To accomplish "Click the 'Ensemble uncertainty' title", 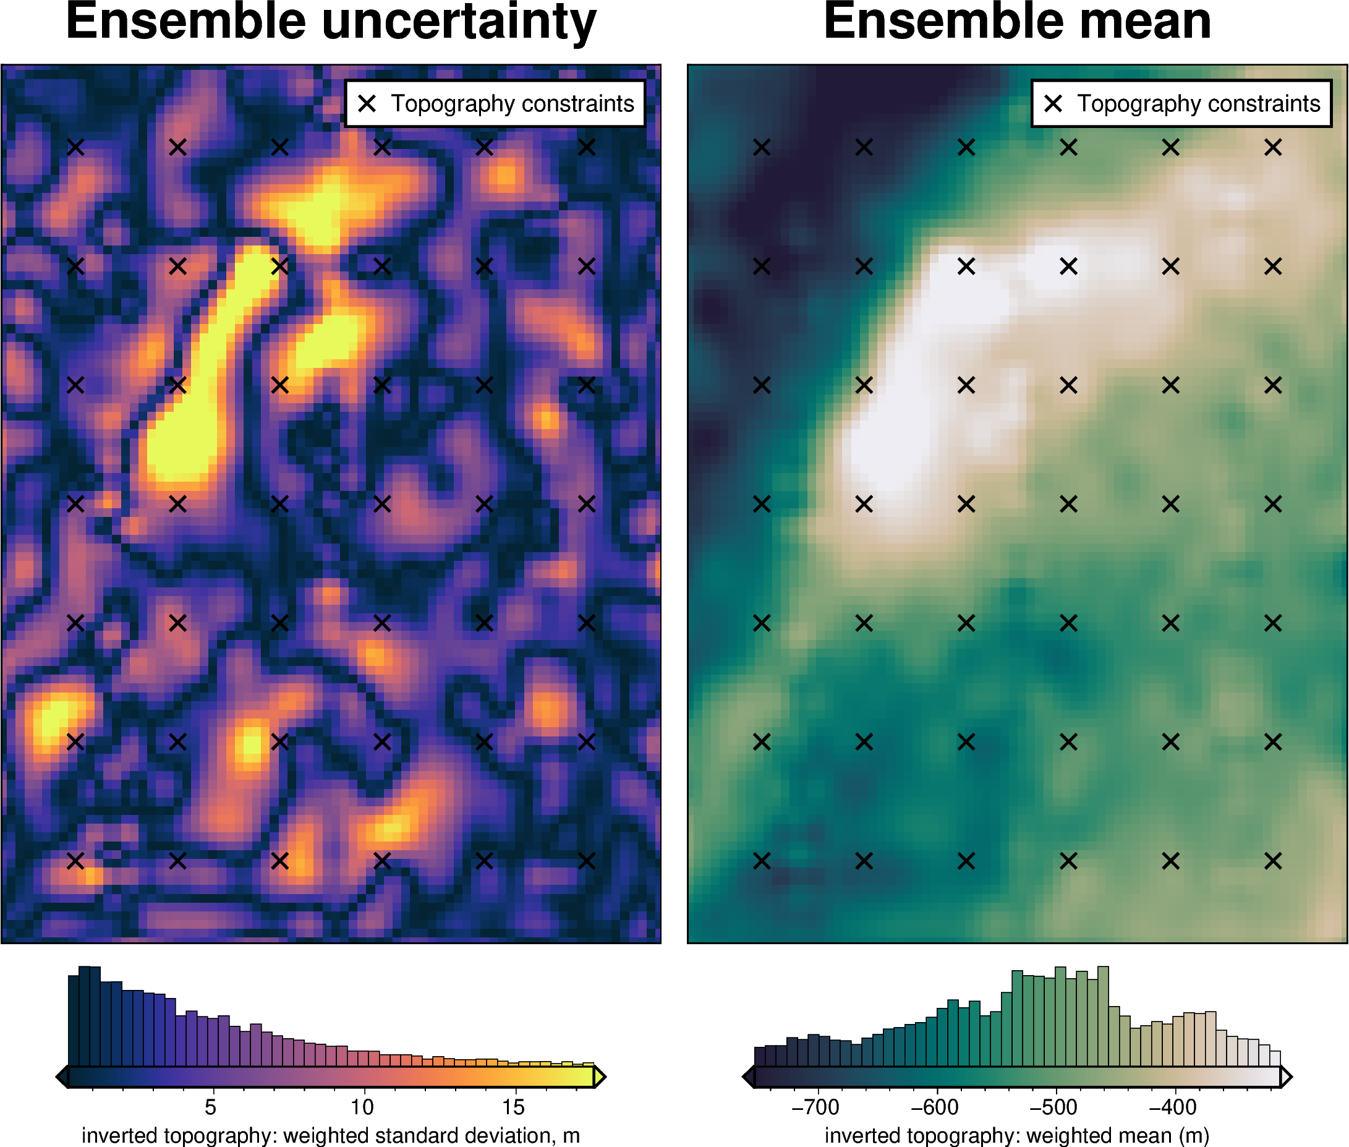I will point(331,22).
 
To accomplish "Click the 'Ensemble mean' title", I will point(1017,22).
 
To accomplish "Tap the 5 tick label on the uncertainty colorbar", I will point(210,1107).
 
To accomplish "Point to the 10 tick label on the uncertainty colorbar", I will point(362,1107).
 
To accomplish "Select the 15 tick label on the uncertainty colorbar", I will point(513,1107).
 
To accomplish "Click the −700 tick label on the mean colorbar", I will point(815,1107).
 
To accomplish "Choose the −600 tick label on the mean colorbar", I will point(934,1107).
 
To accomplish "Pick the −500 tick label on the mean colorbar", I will point(1053,1107).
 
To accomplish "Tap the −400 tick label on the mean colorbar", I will point(1173,1107).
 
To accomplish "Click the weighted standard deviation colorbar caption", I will point(330,1135).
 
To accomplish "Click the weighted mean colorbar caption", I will point(1017,1135).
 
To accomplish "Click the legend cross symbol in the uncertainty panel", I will point(367,103).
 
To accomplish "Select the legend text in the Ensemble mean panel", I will point(1198,103).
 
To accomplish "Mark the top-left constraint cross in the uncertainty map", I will point(75,148).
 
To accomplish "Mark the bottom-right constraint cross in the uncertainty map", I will point(587,861).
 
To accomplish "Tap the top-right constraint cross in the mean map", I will point(1273,148).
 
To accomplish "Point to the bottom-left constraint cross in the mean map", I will point(762,861).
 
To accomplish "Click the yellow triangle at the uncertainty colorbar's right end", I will point(600,1077).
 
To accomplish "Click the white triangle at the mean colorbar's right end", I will point(1286,1077).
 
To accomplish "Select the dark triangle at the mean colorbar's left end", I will point(748,1077).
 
